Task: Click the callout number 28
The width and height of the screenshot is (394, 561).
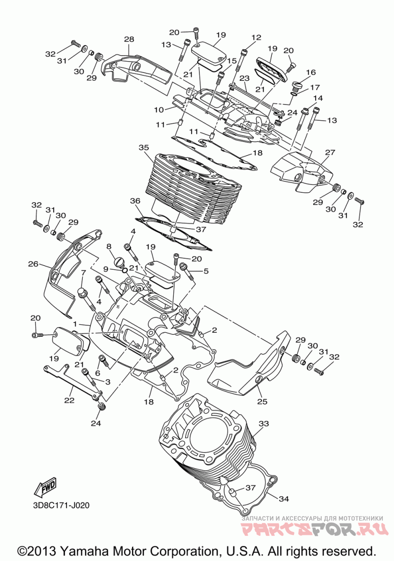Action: pos(129,39)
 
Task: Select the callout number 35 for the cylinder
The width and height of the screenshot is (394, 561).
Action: pos(144,147)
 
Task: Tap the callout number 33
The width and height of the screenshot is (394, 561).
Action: pos(263,424)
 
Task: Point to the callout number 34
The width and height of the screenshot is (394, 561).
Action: pos(284,498)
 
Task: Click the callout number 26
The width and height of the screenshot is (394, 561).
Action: pos(33,264)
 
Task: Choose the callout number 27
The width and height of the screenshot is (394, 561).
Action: pos(330,152)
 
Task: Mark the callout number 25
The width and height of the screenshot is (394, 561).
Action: pos(263,402)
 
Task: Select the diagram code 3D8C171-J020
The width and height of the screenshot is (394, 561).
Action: pos(60,506)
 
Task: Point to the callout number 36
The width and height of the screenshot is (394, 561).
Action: pos(135,201)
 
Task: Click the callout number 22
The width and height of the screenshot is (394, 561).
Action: pos(69,400)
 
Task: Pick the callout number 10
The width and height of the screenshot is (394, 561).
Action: pos(159,110)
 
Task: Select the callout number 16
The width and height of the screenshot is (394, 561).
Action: pos(311,72)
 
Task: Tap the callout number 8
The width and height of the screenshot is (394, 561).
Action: pos(109,246)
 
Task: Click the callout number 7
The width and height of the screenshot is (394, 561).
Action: pos(84,273)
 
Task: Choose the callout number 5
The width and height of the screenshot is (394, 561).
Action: pos(205,271)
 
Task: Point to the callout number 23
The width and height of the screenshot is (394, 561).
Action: pos(244,78)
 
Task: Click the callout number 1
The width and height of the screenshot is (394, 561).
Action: pos(75,324)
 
